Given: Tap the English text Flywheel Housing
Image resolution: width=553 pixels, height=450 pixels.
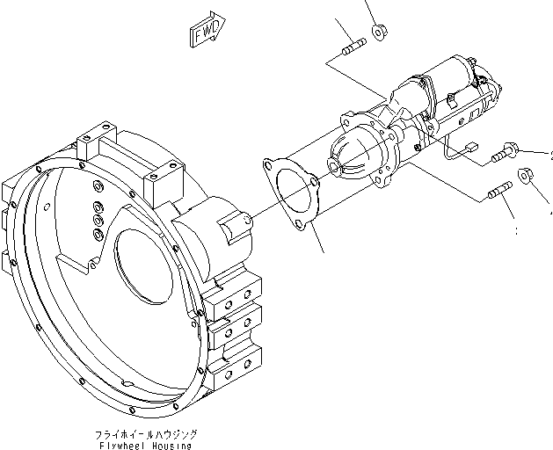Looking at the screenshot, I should coord(145,445).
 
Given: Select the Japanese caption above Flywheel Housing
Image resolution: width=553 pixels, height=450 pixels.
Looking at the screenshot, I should coord(145,434).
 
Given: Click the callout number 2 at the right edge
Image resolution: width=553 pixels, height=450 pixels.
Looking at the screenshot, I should coord(550,156).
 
